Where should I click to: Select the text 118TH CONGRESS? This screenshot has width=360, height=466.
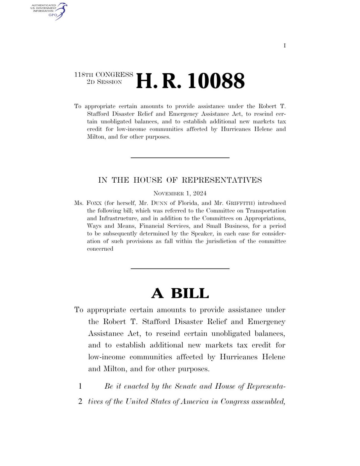pyautogui.click(x=103, y=75)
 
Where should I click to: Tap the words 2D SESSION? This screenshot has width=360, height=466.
pyautogui.click(x=104, y=82)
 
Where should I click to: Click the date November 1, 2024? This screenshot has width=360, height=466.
pyautogui.click(x=180, y=193)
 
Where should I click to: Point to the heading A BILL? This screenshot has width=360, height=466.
pyautogui.click(x=180, y=293)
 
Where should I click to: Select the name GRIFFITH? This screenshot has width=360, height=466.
pyautogui.click(x=240, y=203)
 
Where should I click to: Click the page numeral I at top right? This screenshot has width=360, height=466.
pyautogui.click(x=284, y=46)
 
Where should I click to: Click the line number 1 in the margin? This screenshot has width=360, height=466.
pyautogui.click(x=80, y=386)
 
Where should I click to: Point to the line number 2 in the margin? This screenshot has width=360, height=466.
pyautogui.click(x=80, y=401)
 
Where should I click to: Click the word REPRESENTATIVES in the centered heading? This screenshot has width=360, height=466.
pyautogui.click(x=222, y=180)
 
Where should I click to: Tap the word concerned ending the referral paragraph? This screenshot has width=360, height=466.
pyautogui.click(x=100, y=249)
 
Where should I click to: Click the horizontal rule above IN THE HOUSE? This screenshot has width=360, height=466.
pyautogui.click(x=180, y=158)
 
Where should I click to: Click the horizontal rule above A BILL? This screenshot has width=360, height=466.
pyautogui.click(x=180, y=268)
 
